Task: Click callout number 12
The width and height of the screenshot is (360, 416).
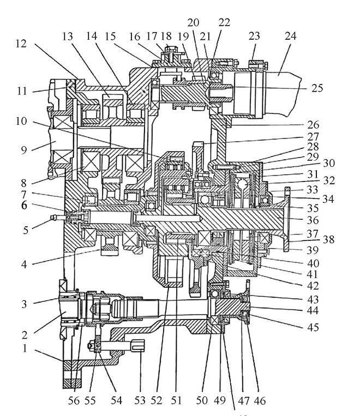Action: pos(21,44)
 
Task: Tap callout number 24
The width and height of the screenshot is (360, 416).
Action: pos(290,36)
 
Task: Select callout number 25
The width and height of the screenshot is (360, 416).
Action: pos(317,88)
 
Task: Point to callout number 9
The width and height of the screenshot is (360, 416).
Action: pos(24,150)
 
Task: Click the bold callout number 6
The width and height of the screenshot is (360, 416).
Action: pos(24,205)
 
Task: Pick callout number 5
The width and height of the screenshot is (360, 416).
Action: pos(26,230)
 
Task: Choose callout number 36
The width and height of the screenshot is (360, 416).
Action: pos(313,220)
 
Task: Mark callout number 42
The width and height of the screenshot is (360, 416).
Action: pos(313,286)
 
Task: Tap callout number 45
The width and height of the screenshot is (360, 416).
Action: pos(313,327)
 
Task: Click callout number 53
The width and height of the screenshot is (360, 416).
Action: pos(140,400)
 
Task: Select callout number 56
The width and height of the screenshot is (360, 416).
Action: pos(74,400)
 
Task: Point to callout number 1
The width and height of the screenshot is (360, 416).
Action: pos(25,348)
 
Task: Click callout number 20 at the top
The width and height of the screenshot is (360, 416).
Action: pos(193,22)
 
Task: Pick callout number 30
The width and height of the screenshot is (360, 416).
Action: pos(329,163)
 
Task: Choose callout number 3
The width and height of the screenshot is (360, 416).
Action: pos(24,304)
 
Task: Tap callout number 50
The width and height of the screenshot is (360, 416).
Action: pos(202,400)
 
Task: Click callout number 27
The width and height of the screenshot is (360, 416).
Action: pos(313,137)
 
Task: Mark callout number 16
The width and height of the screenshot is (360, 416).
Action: pos(134,37)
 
